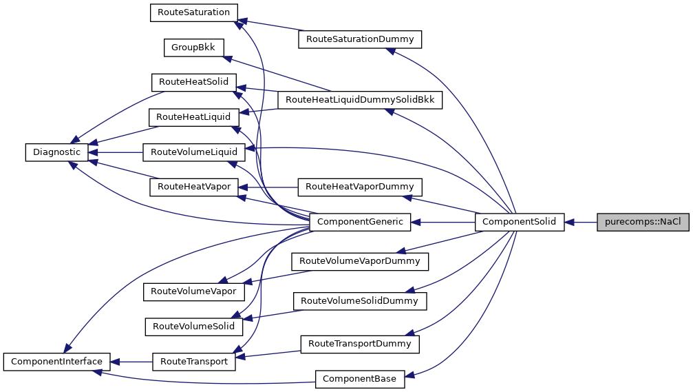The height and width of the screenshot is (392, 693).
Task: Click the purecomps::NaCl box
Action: click(x=643, y=222)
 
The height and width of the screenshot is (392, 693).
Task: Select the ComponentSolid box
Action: click(x=520, y=222)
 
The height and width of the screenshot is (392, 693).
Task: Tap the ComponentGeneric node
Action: click(x=360, y=222)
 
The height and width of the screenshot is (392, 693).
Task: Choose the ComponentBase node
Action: click(x=360, y=378)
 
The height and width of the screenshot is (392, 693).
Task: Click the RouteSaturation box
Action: click(x=194, y=12)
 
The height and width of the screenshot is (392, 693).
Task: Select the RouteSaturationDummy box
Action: click(x=359, y=39)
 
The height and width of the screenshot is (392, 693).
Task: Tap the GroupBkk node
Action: click(x=193, y=48)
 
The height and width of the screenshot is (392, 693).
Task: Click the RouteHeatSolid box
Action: click(x=194, y=82)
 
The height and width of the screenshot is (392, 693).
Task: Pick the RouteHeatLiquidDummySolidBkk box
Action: click(x=360, y=100)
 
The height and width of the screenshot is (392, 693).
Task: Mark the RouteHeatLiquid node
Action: click(x=194, y=117)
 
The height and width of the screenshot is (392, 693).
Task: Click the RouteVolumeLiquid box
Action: click(x=194, y=152)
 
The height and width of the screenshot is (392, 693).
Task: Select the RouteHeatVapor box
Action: click(x=194, y=187)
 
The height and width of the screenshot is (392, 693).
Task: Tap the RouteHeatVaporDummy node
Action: click(x=359, y=187)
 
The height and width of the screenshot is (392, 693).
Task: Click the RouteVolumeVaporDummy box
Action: click(x=360, y=261)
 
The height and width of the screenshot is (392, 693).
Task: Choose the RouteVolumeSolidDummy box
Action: click(x=360, y=301)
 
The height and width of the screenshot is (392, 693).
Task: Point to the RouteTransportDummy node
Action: click(x=359, y=343)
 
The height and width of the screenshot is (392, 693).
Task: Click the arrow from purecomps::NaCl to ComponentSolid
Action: click(x=581, y=222)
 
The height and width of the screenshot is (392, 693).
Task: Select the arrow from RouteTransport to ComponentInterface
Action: click(x=131, y=361)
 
